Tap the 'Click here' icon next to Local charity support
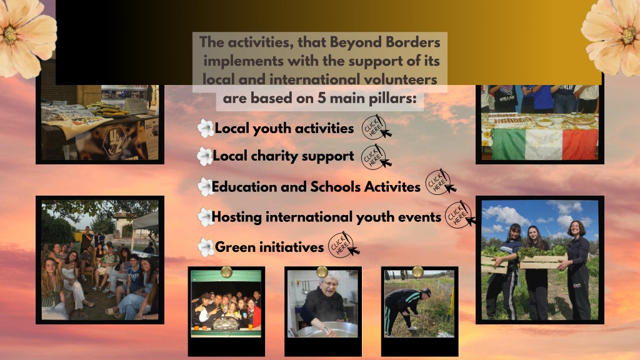click(376, 157)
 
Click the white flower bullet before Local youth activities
click(206, 128)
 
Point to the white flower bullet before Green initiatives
click(206, 247)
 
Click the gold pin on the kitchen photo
click(322, 271)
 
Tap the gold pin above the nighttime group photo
click(226, 271)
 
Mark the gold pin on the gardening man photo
click(417, 271)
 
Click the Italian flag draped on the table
click(545, 144)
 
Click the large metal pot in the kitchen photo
click(326, 329)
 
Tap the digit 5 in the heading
click(322, 98)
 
